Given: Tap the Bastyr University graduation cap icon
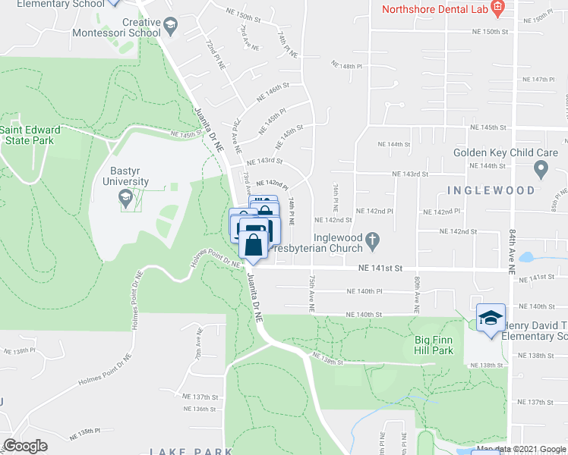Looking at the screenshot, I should tap(126, 200).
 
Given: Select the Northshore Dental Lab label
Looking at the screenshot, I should tap(434, 9).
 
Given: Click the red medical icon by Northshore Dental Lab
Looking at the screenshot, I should tap(498, 9).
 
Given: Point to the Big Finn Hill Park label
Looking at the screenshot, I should tap(434, 346).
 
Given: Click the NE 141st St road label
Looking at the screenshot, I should tap(380, 268).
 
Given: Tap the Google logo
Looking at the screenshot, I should tap(26, 445).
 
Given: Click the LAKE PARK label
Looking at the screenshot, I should tap(191, 451).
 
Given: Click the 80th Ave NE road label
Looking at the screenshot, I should tap(417, 296).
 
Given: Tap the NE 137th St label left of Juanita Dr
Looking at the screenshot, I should tap(200, 397).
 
